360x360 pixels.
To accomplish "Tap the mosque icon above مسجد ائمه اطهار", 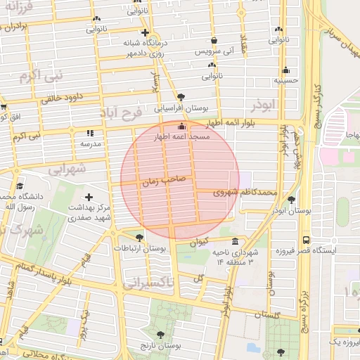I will click(182, 127).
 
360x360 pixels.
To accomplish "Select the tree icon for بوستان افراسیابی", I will click(181, 97).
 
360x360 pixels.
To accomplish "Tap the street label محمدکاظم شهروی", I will click(245, 191).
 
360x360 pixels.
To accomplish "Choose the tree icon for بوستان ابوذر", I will click(291, 200).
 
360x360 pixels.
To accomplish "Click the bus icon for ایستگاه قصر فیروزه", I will click(305, 239).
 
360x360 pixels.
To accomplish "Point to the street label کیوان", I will click(199, 243).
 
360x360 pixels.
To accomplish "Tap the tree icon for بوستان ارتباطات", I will click(139, 238).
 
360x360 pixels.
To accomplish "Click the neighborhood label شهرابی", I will click(68, 169).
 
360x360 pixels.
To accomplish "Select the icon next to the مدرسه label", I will click(89, 132).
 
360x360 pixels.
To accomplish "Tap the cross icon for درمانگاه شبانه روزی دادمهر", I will click(145, 32).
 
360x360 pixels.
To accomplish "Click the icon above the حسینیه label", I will click(285, 70).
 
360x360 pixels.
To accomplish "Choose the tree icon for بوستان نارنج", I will click(161, 335).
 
